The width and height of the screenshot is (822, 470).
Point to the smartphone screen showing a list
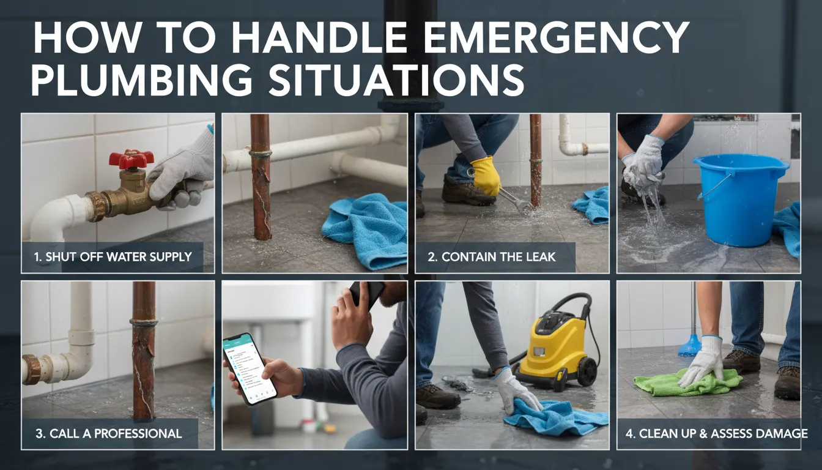[250, 368]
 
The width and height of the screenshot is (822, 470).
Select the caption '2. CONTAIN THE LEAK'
[492, 256]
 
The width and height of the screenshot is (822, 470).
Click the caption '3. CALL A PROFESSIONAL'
[108, 433]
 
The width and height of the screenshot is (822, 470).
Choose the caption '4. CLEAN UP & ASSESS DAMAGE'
[717, 433]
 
